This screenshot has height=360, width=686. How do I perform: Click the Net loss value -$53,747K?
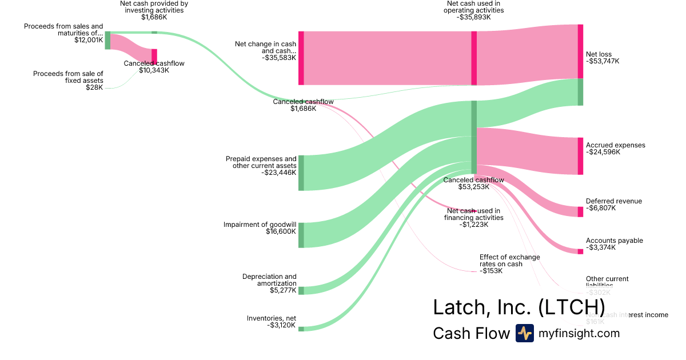point(603,61)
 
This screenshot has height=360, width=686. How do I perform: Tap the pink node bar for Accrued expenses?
point(580,155)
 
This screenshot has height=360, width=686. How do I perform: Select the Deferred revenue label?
point(613,201)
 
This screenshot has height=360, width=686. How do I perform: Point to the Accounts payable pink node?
point(580,251)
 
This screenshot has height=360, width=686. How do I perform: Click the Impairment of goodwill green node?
point(301,235)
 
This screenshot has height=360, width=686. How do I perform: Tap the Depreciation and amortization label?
point(269,280)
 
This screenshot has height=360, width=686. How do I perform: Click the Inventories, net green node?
point(301,329)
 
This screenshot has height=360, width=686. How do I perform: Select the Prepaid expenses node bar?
point(301,173)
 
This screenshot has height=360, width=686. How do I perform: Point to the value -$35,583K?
point(279,58)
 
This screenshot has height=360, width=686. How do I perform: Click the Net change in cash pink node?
point(301,58)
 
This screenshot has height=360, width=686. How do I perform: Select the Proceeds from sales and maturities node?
point(107,41)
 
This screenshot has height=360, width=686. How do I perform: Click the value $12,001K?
point(89,41)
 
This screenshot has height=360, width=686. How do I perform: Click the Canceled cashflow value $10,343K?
point(154,70)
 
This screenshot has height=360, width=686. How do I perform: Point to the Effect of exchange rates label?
point(509,261)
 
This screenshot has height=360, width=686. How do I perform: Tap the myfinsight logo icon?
point(524,333)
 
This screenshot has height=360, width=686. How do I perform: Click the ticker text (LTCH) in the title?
point(572,307)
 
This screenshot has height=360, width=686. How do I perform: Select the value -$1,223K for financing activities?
point(474,225)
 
